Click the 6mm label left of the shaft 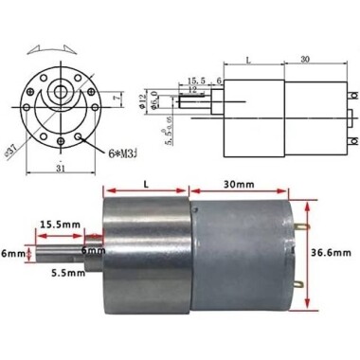click(x=13, y=254)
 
